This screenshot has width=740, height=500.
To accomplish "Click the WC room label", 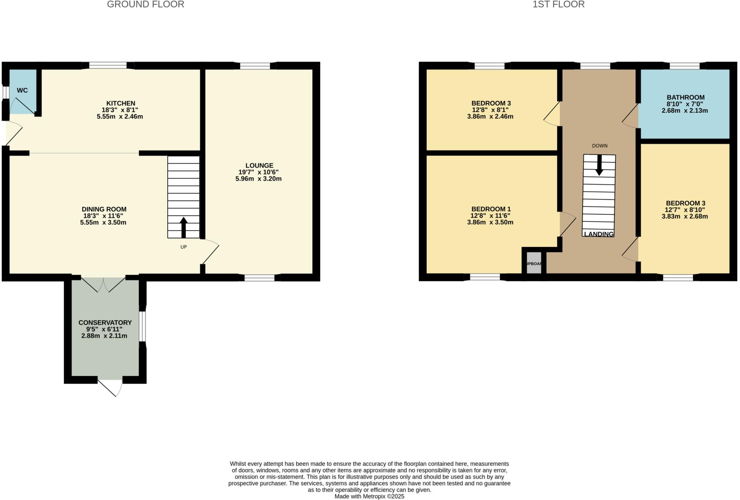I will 22,90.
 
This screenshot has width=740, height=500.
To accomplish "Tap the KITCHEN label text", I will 121,103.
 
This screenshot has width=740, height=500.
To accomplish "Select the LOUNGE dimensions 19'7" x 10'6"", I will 258,172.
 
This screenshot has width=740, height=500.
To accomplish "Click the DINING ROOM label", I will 104,209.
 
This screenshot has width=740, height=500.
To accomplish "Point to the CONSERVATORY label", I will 105,323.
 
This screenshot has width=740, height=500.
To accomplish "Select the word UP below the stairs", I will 184,247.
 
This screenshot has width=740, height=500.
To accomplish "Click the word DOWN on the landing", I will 599,146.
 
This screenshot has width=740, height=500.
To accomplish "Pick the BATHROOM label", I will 685,98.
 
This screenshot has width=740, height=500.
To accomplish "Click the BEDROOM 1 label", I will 491,209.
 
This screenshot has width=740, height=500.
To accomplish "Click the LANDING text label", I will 599,234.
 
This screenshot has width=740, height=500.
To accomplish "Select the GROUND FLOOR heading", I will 146,5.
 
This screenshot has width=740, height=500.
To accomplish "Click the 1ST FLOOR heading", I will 558,5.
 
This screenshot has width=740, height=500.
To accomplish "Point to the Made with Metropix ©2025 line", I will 369,496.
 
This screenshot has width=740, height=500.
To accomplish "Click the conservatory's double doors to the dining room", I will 104,285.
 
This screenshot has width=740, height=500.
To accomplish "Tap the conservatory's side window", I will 143,326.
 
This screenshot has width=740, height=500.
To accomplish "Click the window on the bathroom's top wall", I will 685,66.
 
